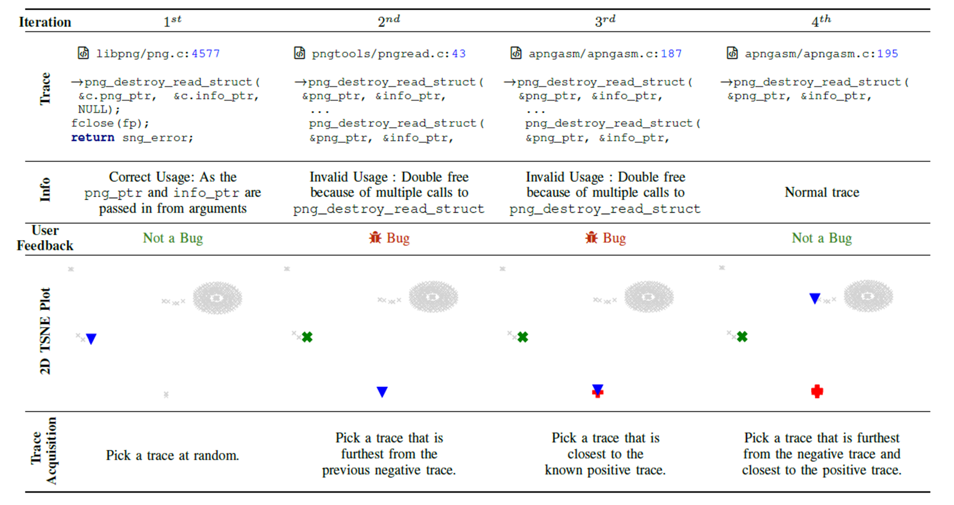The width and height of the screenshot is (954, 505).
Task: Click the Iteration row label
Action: [x=45, y=22]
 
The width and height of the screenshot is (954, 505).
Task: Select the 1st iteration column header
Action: [x=172, y=21]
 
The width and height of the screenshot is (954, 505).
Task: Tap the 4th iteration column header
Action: [x=821, y=21]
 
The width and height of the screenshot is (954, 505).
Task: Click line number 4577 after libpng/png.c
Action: [x=206, y=54]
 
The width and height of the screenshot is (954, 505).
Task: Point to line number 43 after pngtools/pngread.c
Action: [x=458, y=54]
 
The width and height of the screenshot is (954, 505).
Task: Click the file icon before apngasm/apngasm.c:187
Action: [x=516, y=53]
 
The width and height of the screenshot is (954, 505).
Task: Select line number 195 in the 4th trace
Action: [x=887, y=54]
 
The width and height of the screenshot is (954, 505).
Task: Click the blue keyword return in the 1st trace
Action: [x=93, y=138]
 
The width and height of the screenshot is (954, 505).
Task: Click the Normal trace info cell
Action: [x=822, y=192]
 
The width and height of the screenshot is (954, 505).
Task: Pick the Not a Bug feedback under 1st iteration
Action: [x=173, y=238]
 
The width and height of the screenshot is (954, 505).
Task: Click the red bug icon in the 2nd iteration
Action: [x=375, y=238]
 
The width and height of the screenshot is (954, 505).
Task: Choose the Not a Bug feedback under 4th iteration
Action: [x=822, y=238]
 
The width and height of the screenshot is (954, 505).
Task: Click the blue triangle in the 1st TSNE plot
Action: [x=91, y=339]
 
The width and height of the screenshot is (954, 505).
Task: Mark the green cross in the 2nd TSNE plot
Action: [x=307, y=337]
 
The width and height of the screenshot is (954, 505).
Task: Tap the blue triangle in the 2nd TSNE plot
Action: [x=382, y=392]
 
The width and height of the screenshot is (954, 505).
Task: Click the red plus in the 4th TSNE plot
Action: [x=817, y=391]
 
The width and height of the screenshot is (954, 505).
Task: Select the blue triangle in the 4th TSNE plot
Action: [x=814, y=298]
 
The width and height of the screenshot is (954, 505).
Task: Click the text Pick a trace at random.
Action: [x=172, y=456]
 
